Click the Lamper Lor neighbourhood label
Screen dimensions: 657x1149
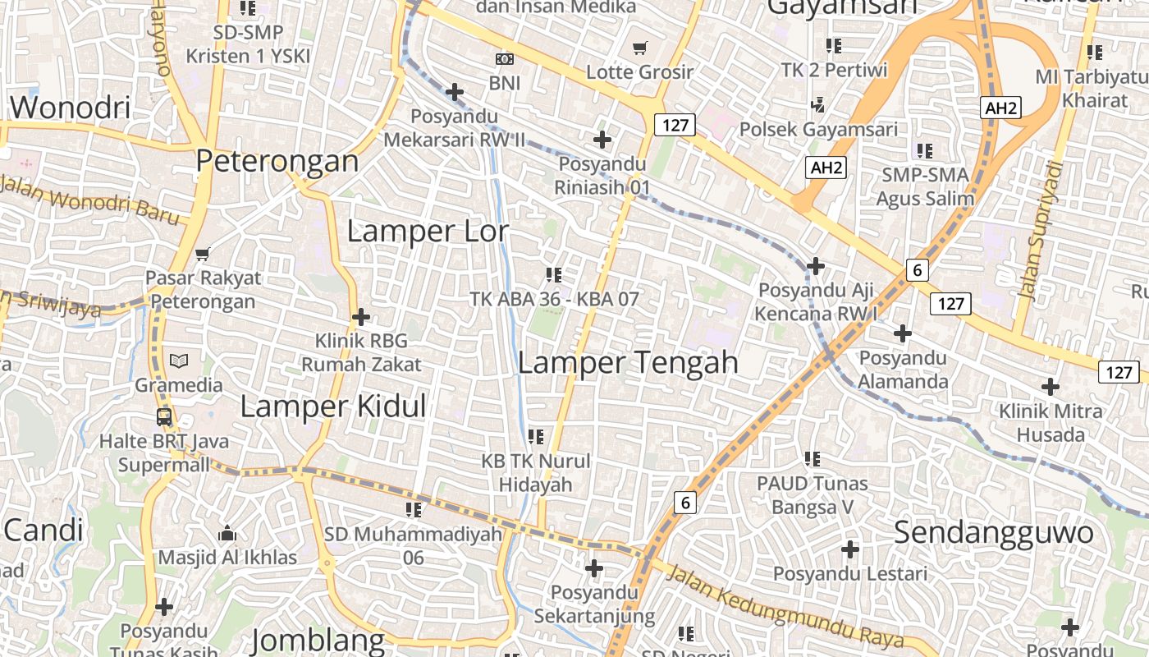(428, 231)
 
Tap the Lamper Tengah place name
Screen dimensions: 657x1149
(628, 362)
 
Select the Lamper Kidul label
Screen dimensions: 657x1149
(333, 406)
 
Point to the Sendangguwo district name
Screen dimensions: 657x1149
(993, 532)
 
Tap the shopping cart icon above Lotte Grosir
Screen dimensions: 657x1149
(640, 48)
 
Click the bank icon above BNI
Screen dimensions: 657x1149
(504, 59)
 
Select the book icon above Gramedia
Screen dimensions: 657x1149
(178, 361)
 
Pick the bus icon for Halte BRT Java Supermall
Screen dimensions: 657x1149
(164, 416)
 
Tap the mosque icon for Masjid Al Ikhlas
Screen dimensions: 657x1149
(227, 534)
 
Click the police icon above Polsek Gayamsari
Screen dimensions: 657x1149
(817, 104)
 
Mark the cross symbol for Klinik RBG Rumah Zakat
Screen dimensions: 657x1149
(360, 316)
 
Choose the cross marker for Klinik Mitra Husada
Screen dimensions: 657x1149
(1050, 386)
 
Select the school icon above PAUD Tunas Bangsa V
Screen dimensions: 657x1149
(813, 458)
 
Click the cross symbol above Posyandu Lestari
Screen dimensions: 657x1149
(850, 549)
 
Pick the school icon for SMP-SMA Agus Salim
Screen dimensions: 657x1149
(925, 150)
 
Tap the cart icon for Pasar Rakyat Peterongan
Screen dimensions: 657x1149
(203, 254)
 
